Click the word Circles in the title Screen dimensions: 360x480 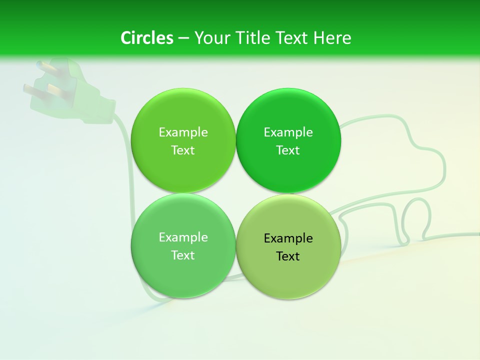tap(146, 38)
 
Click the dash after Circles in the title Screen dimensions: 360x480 tap(183, 38)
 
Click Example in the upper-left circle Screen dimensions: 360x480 tap(183, 132)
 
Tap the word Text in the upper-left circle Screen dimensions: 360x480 tap(183, 150)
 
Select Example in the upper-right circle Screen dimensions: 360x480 tap(288, 132)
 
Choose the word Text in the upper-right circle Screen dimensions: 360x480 tap(288, 150)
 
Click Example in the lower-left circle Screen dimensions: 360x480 tap(183, 237)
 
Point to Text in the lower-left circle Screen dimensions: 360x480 tap(183, 255)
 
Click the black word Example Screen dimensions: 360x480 tap(288, 238)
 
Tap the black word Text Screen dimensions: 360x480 tap(288, 256)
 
